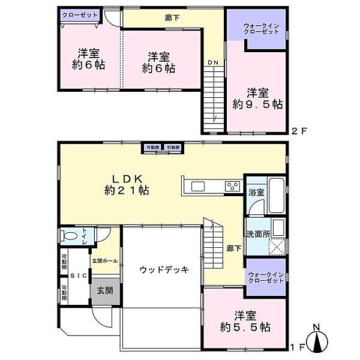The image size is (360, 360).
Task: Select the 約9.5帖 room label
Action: tap(257, 98)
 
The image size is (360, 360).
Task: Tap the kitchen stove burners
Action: tap(232, 187)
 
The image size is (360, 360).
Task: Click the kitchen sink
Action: tap(199, 187)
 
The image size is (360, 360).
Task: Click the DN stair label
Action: tap(213, 62)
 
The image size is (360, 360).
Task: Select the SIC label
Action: tap(78, 275)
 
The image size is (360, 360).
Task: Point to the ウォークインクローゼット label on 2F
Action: tap(261, 28)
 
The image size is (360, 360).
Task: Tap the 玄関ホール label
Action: tap(104, 261)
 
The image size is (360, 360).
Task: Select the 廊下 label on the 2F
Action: tap(173, 17)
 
